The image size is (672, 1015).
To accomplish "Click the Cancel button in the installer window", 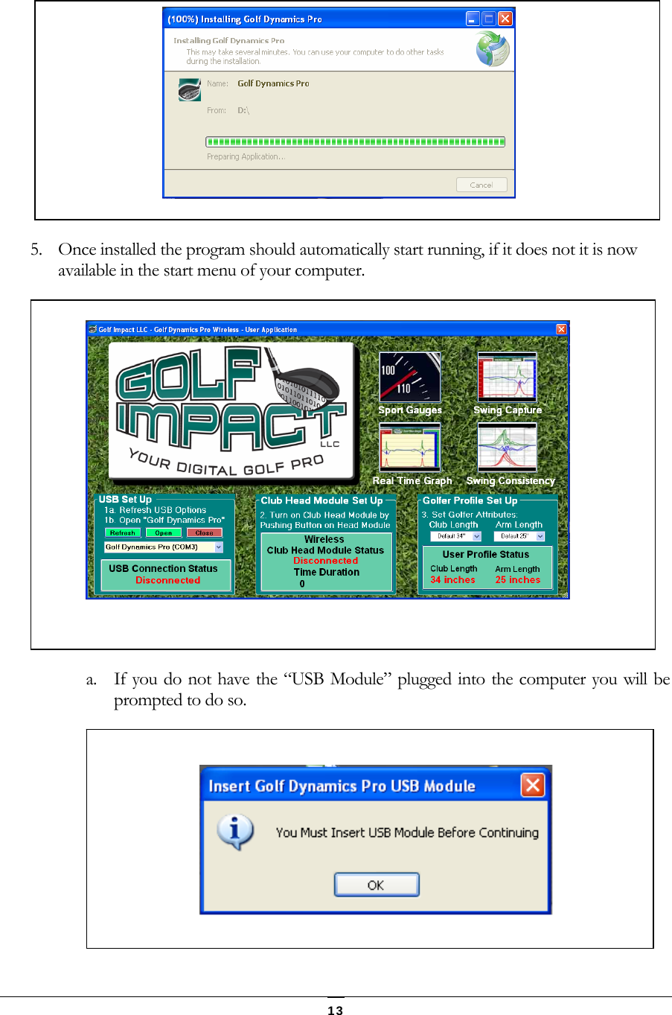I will point(481,185).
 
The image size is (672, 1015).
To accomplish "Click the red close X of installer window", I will point(505,19).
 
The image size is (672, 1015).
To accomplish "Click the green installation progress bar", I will point(355,141).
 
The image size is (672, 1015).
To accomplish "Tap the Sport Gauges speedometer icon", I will point(409,378).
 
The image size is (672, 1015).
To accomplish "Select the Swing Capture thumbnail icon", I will point(507,378).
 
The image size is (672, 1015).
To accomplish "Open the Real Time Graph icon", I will point(409,448).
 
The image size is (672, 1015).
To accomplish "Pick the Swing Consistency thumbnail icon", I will point(507,448).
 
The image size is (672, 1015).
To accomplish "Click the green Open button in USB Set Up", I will point(164,532).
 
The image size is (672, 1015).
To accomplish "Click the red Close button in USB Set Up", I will point(204,532).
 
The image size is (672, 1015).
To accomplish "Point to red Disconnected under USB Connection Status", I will point(167,580).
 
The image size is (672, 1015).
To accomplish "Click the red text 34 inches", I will point(452,580).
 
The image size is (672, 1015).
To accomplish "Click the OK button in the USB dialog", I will point(377,885).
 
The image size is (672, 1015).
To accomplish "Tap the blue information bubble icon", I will point(236,832).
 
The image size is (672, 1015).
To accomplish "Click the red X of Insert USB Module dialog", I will point(533,785).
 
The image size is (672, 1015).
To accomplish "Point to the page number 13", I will point(336,1010).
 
